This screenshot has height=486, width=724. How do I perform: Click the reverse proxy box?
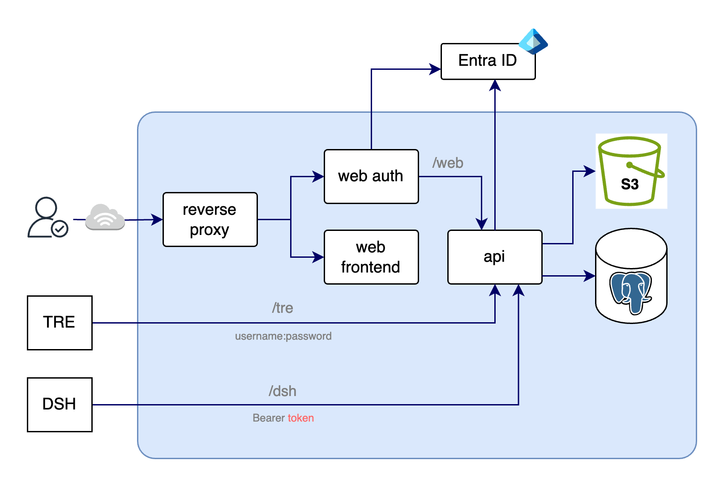[210, 220]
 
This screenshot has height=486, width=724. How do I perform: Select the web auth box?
[371, 176]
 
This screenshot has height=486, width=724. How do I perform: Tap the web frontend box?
[371, 257]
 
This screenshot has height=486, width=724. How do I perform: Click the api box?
[495, 257]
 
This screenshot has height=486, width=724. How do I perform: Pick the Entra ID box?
[488, 61]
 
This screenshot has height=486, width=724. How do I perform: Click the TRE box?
[60, 323]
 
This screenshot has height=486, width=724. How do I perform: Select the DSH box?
[60, 405]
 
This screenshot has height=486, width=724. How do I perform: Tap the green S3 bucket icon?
[630, 171]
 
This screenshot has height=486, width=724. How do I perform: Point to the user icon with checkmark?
[47, 217]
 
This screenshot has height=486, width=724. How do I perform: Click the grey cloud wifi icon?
[105, 217]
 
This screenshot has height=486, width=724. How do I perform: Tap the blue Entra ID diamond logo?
[533, 42]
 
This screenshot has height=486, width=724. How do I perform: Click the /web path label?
[448, 163]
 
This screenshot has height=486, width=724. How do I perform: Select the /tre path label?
[283, 308]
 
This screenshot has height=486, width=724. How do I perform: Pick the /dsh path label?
[283, 391]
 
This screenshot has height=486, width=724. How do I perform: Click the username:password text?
[283, 336]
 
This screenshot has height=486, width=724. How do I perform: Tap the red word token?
[301, 418]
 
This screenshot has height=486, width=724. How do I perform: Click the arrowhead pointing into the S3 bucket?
[590, 171]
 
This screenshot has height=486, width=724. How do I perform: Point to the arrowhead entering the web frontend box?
[319, 257]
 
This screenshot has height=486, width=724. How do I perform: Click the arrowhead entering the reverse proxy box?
[158, 219]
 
